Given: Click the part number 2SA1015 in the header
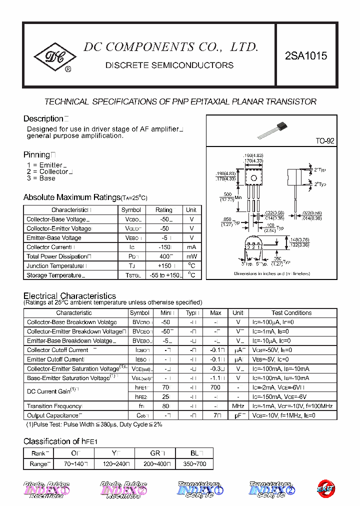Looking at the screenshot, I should tap(306, 56).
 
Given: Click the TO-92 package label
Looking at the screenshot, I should tap(324, 141).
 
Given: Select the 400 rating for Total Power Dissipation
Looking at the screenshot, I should tap(163, 256).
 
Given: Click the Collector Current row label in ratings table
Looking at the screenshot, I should tap(49, 247).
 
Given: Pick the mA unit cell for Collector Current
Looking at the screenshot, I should tap(191, 247).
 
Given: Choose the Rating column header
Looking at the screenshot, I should tap(163, 210).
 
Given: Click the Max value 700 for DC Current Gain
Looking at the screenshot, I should tap(215, 387).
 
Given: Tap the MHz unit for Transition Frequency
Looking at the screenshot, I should tap(238, 406).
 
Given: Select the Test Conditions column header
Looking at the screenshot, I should tap(291, 313).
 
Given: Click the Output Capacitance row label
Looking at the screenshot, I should tap(53, 415).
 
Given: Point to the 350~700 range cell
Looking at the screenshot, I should tap(194, 464).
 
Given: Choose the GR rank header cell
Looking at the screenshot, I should tap(155, 453).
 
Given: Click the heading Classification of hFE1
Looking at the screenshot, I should tap(60, 441).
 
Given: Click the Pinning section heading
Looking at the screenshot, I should tap(37, 155).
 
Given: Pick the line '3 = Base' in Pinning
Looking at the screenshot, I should tap(41, 178).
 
